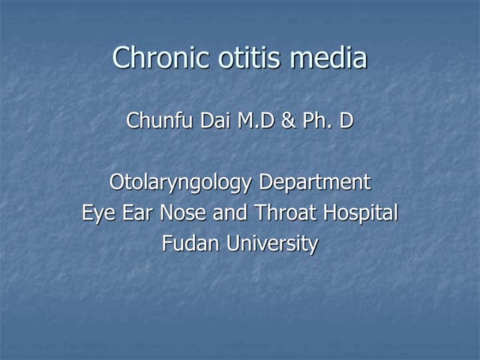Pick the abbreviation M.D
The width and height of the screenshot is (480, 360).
point(256,121)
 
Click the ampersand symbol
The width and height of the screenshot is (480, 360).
point(288,121)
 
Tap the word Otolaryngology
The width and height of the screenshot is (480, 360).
point(182,182)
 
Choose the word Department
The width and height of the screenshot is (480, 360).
point(315,182)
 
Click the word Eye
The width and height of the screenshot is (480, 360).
point(98,213)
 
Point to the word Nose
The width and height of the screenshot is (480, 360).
point(181,213)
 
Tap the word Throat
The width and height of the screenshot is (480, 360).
point(288,213)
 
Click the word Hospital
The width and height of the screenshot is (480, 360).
point(361,213)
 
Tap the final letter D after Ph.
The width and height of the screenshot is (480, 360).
point(346,121)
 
